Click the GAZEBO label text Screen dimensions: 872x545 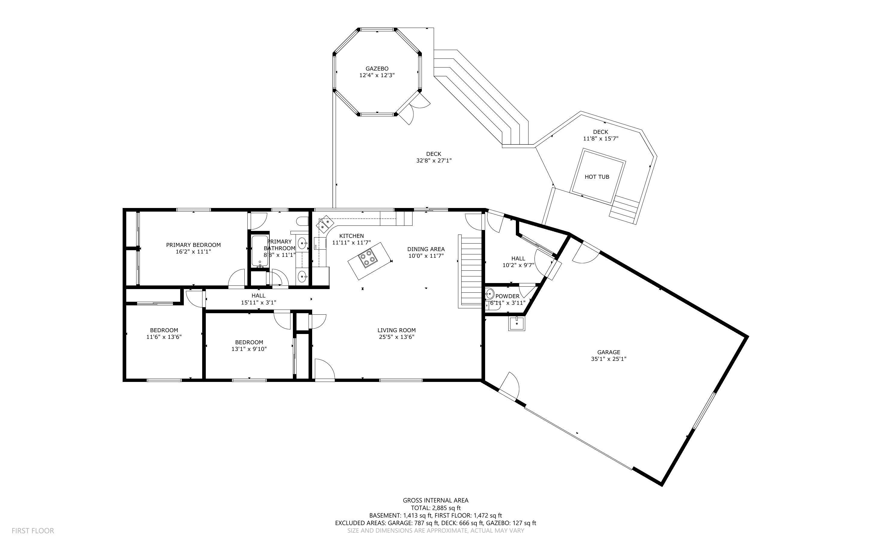coord(377,68)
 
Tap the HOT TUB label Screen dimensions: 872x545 coord(597,177)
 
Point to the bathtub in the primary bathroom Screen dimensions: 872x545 coord(260,251)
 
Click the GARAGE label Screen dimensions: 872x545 coord(609,352)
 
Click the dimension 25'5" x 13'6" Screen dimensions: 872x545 coord(397,337)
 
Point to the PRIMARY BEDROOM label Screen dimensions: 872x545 coord(193,245)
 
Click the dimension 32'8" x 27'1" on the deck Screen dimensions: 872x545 coord(434,161)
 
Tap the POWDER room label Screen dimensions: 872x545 coord(507,296)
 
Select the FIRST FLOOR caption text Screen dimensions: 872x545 coord(33,531)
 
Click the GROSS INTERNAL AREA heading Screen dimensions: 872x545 coord(435,500)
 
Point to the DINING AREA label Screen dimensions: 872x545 coord(426,249)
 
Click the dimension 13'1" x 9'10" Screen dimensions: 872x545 coord(249,349)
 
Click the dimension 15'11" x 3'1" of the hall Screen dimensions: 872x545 coord(259,302)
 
